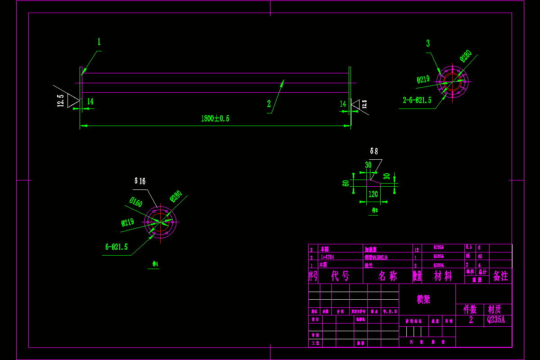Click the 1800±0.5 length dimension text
(215, 119)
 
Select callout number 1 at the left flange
(99, 42)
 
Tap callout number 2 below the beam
(269, 104)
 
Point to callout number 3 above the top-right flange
(428, 43)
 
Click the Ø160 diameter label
(136, 202)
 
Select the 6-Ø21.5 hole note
(117, 247)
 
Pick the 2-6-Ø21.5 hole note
(417, 100)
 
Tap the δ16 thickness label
(140, 181)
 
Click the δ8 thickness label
(374, 151)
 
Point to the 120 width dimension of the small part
(373, 194)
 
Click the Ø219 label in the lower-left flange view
(128, 222)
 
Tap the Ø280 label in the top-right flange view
(465, 56)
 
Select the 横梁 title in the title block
(423, 299)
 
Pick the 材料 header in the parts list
(443, 276)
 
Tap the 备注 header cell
(500, 276)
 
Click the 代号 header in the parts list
(340, 276)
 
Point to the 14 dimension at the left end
(90, 102)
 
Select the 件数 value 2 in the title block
(471, 320)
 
